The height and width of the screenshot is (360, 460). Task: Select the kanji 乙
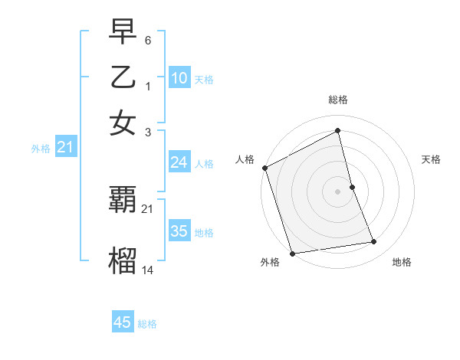tap(123, 78)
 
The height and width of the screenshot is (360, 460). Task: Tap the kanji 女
tap(123, 123)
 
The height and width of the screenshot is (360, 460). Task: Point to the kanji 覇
tap(123, 201)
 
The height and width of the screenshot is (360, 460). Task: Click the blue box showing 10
tap(179, 77)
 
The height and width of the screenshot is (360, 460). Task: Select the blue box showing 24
tap(179, 162)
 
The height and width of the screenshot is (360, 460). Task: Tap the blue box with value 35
tap(179, 231)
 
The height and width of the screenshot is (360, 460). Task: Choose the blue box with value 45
tap(123, 322)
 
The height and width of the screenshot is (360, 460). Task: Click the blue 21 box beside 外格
tap(65, 147)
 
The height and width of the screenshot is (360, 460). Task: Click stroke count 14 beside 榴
tap(148, 269)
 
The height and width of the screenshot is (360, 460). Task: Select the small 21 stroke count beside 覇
tap(148, 208)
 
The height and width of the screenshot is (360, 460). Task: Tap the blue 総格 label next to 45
tap(147, 324)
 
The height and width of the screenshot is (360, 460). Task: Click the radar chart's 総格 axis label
tap(337, 100)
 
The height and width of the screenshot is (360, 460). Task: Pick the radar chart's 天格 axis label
tap(432, 159)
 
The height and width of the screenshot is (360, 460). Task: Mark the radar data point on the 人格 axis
tap(264, 168)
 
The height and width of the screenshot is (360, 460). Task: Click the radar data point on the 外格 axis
tap(292, 253)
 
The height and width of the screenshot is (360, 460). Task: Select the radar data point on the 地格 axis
tap(374, 242)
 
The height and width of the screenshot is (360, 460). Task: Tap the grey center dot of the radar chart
tap(337, 191)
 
